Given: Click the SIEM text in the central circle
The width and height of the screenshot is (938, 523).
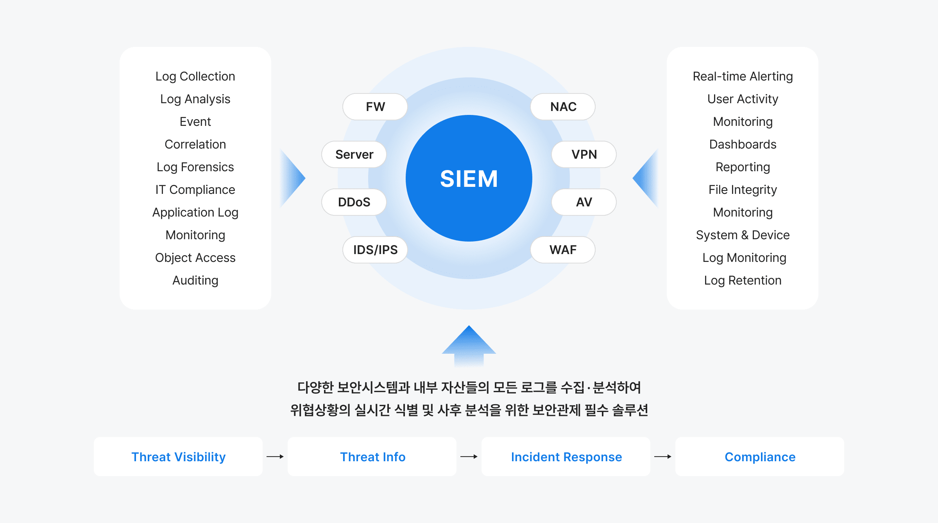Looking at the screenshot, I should (469, 179).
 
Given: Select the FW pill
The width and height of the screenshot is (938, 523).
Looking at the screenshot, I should (375, 107).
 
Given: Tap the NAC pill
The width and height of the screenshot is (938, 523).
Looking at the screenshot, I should (563, 107).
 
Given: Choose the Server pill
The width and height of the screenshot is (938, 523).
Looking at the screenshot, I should (354, 154).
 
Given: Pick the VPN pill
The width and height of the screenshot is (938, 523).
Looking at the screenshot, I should (584, 154).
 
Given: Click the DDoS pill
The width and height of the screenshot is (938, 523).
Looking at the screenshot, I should (354, 202).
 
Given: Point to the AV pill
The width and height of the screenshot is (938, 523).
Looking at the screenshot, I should (584, 202).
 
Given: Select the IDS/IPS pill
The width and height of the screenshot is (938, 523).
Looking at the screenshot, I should (375, 250).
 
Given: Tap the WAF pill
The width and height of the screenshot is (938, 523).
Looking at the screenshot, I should (563, 250).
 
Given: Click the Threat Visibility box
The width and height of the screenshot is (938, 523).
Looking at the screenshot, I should (178, 457).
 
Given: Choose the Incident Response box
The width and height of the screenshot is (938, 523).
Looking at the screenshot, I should (566, 457).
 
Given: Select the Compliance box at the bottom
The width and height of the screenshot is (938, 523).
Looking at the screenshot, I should (760, 457).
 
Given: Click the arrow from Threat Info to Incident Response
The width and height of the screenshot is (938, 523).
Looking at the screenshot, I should (469, 457).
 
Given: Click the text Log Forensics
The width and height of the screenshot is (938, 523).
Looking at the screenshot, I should (195, 167).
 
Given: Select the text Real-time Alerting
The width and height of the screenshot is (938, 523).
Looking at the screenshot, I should (743, 76).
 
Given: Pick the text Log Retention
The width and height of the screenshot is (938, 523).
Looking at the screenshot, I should (743, 280).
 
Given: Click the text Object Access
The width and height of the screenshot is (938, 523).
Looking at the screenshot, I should (195, 258).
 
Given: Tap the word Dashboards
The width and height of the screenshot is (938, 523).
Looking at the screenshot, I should (743, 144).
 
